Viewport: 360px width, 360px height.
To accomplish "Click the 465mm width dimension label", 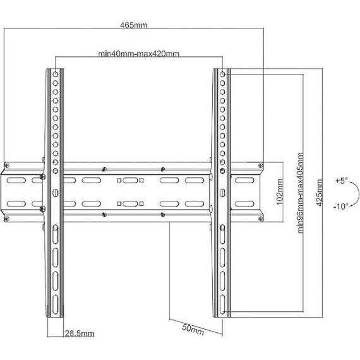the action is coord(134,25).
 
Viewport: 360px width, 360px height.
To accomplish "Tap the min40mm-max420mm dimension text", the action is coord(139,54).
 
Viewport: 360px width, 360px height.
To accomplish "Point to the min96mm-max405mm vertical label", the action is coord(300,193).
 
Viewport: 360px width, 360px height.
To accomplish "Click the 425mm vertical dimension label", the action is coord(319,193).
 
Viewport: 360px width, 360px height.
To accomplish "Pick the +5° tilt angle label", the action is coord(342,181).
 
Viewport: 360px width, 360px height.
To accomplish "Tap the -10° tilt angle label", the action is coord(341,207).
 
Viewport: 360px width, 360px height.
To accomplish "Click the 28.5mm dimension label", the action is coord(80,333).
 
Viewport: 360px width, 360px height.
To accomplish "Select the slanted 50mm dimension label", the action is coord(193,329).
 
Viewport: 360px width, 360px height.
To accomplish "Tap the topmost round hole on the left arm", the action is coord(56,74).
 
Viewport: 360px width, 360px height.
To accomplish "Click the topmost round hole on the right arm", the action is coord(222,74).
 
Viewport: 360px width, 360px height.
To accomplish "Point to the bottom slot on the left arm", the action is coord(56,304).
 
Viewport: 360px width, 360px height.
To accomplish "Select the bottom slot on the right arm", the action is coord(222,304).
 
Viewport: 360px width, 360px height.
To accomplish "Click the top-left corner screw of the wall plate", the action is coord(7,165).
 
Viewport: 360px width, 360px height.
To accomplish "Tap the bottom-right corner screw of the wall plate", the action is coord(261,219).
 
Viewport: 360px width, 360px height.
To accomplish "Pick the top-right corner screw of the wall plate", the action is coord(261,165).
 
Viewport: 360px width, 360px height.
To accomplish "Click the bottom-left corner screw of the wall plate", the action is coord(7,219).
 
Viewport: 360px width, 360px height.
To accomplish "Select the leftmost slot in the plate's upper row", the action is coord(16,180).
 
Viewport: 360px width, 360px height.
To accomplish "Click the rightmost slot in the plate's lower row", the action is coord(245,203).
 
